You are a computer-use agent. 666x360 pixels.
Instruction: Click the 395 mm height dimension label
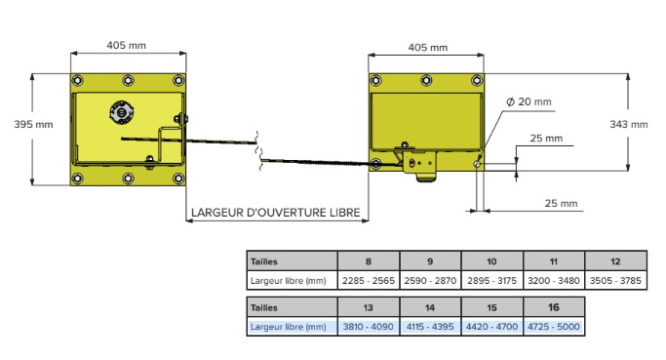coord(33,124)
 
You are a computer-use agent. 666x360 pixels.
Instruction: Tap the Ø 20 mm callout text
coord(529,101)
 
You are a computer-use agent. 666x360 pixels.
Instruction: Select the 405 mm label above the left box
coord(127,45)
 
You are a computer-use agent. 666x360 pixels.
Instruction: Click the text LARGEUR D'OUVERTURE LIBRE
coord(275,212)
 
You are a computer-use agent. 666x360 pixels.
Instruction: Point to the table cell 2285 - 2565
coord(368,281)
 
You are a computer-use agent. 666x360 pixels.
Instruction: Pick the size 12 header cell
coord(614,261)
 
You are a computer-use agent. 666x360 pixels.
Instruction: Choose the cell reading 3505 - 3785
coord(614,281)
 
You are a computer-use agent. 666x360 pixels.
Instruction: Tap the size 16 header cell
coord(553,306)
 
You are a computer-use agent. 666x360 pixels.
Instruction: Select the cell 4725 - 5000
coord(553,326)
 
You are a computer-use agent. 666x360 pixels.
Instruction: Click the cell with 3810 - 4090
coord(368,326)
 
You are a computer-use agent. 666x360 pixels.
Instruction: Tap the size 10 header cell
coord(491,261)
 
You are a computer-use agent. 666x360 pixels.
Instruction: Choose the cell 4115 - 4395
coord(429,326)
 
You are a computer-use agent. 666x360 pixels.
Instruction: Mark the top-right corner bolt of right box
coord(476,81)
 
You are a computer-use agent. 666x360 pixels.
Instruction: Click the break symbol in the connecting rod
coord(258,148)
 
